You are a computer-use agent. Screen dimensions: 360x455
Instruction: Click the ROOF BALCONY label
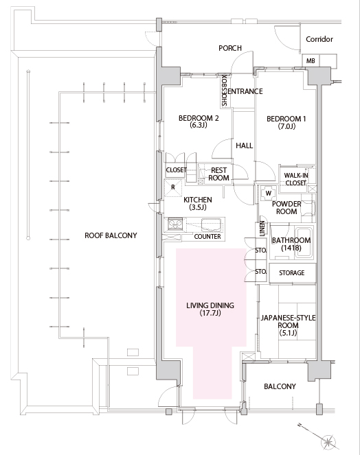111,235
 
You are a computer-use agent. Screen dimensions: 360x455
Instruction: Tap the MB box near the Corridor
311,61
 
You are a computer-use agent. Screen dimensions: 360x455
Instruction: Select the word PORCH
230,48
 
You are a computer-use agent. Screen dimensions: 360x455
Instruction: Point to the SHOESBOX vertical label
224,91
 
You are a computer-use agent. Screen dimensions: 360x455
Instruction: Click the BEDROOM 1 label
286,119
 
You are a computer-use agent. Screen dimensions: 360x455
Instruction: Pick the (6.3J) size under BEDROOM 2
199,126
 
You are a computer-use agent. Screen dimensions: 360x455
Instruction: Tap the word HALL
245,145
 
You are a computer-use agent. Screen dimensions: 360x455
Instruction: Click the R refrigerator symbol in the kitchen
173,188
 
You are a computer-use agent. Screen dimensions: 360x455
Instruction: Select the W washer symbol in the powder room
268,194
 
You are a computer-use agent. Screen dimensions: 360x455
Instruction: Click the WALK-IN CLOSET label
296,179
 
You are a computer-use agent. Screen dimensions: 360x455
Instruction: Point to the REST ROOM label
218,174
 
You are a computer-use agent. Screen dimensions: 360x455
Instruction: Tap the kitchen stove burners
175,224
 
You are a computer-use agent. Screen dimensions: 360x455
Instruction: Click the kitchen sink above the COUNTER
212,224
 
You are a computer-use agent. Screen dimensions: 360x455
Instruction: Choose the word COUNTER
207,237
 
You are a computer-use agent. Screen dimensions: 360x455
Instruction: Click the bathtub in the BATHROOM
304,243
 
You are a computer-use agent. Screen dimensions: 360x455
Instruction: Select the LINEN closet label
262,229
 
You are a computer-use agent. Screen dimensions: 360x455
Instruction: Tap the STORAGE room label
292,272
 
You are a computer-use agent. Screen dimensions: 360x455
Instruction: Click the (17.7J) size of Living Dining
210,313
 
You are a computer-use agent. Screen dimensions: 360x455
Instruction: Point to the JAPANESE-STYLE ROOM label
288,325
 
